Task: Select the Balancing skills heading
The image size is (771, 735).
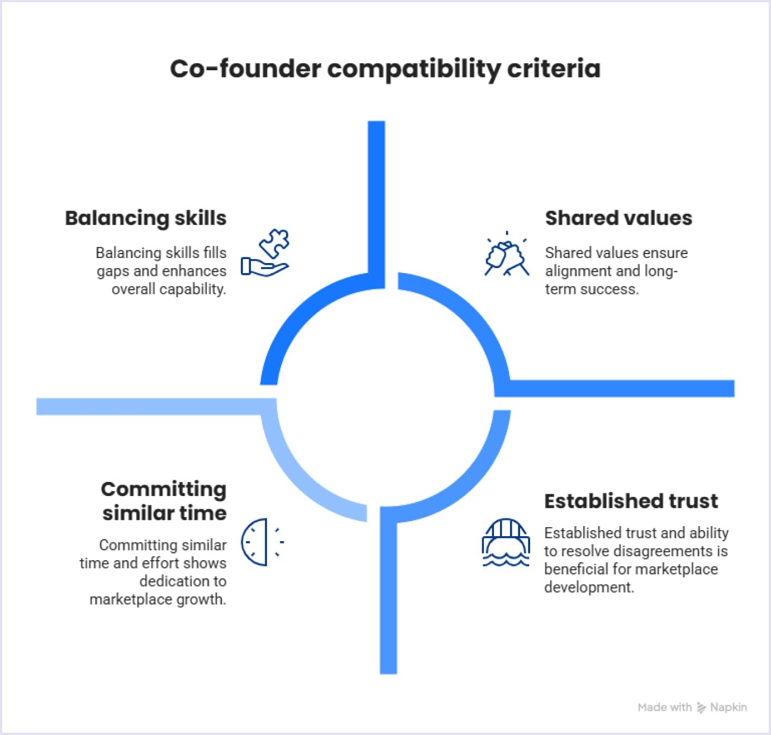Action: pos(146,218)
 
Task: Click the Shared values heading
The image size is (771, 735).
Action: pos(618,218)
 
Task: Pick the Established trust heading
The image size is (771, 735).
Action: pos(631,501)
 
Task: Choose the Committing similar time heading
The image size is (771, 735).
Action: pos(164,501)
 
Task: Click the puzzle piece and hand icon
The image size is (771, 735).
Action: pos(266,252)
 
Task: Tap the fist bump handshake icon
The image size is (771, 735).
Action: pos(506,255)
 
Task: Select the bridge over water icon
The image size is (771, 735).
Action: pos(506,542)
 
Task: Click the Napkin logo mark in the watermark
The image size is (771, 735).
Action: pos(701,708)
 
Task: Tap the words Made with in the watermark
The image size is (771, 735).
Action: pos(664,708)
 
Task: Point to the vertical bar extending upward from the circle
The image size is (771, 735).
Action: pos(377,195)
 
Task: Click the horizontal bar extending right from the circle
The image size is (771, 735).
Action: pos(620,388)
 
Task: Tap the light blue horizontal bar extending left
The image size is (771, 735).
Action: pos(151,407)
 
